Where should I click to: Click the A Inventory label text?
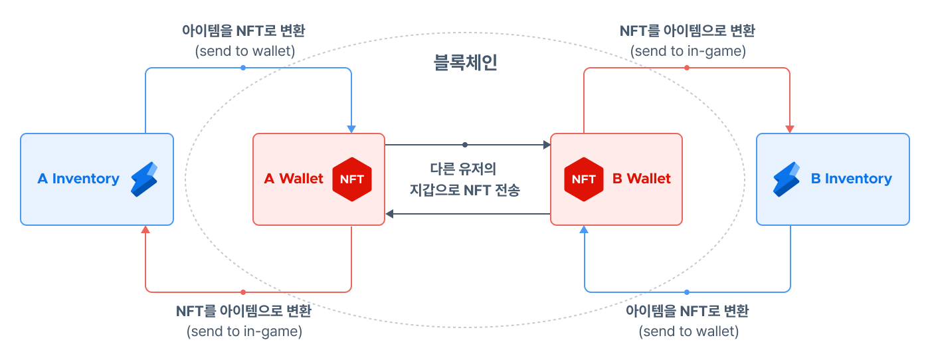(x=78, y=179)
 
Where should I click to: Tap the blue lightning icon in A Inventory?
(x=143, y=179)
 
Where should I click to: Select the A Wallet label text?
(x=294, y=179)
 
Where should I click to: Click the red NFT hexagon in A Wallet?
(x=351, y=179)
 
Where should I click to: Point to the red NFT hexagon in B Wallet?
(x=584, y=179)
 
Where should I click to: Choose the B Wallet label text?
(x=641, y=179)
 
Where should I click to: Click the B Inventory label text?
(x=851, y=179)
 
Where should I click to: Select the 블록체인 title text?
(x=465, y=63)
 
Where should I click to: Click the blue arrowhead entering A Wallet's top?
(x=351, y=129)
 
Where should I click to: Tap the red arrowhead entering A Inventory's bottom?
(x=146, y=230)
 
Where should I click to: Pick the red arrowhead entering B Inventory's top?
(x=790, y=129)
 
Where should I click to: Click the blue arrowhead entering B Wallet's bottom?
(x=585, y=230)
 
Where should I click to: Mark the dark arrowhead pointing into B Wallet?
(x=547, y=144)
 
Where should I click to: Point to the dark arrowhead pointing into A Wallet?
(x=390, y=214)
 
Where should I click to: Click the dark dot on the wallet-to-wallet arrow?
(x=465, y=144)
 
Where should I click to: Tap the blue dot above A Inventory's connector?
(x=243, y=68)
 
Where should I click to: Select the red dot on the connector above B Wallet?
(x=687, y=68)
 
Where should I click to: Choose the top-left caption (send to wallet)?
(x=245, y=50)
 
